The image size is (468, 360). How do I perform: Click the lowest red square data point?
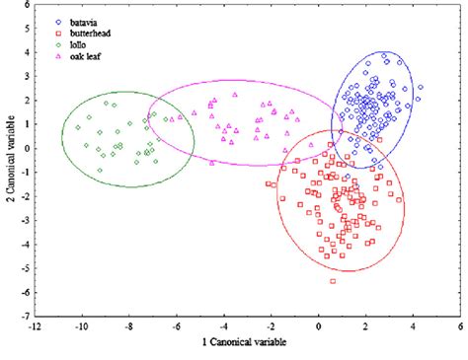[333, 281]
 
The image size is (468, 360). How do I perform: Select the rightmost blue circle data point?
[420, 87]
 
